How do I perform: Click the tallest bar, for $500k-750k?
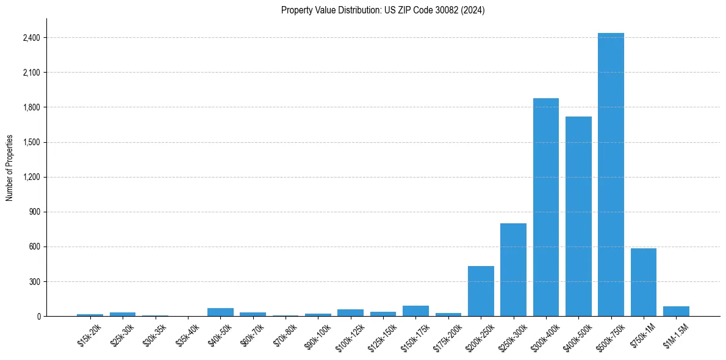(611, 175)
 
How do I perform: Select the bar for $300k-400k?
(545, 207)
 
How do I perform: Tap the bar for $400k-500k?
(578, 217)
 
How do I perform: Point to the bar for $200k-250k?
(481, 291)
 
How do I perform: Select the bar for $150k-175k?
(415, 311)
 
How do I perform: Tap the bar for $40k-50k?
(220, 312)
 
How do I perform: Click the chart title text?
(383, 10)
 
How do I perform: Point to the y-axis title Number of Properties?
(10, 167)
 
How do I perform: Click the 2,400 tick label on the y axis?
(31, 38)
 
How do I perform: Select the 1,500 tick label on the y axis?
(31, 142)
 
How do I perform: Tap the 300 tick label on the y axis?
(34, 282)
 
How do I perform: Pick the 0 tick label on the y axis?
(38, 317)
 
